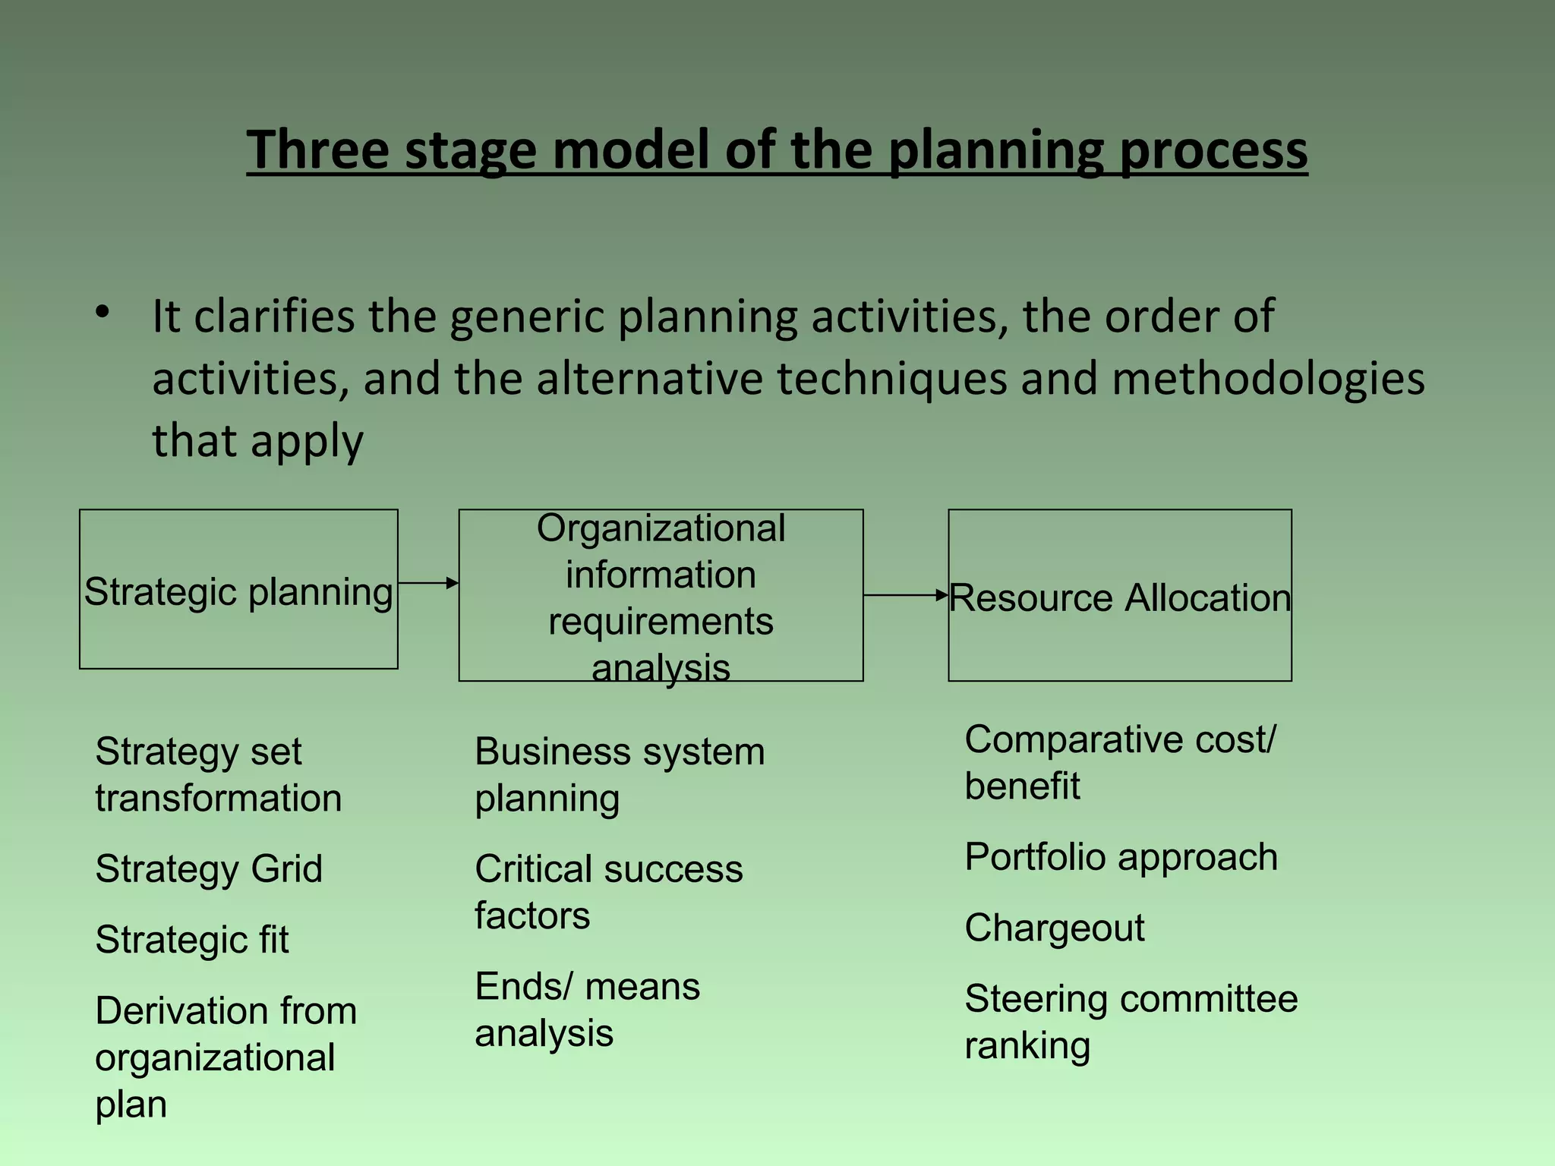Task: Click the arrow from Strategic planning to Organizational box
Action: pyautogui.click(x=429, y=583)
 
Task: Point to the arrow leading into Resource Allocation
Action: pyautogui.click(x=906, y=595)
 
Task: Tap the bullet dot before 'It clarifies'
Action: pyautogui.click(x=103, y=312)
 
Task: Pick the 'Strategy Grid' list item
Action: pyautogui.click(x=209, y=869)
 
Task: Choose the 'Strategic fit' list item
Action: pyautogui.click(x=192, y=940)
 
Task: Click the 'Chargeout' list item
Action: pyautogui.click(x=1054, y=928)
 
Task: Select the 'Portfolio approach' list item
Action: pyautogui.click(x=1121, y=857)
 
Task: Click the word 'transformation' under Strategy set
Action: pyautogui.click(x=219, y=799)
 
